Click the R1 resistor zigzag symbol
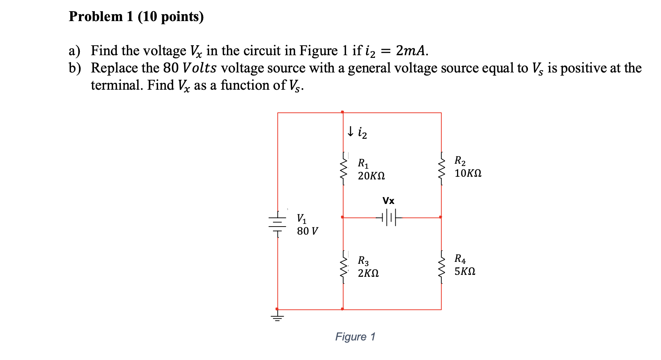(x=344, y=169)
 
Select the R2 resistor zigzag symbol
(x=442, y=169)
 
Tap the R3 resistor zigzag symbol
(x=344, y=267)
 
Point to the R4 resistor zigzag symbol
(x=442, y=267)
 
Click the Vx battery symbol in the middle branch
(x=389, y=217)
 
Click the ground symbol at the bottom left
(x=278, y=317)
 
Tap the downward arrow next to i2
(x=350, y=132)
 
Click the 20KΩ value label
(x=371, y=176)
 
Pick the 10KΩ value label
(x=468, y=173)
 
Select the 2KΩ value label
(x=368, y=273)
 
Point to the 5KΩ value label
(x=465, y=271)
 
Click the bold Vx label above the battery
(x=388, y=201)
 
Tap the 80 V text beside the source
(x=307, y=231)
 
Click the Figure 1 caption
(x=355, y=337)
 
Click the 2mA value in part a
(x=411, y=51)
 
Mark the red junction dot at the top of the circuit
(x=342, y=112)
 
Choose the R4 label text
(x=460, y=259)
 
